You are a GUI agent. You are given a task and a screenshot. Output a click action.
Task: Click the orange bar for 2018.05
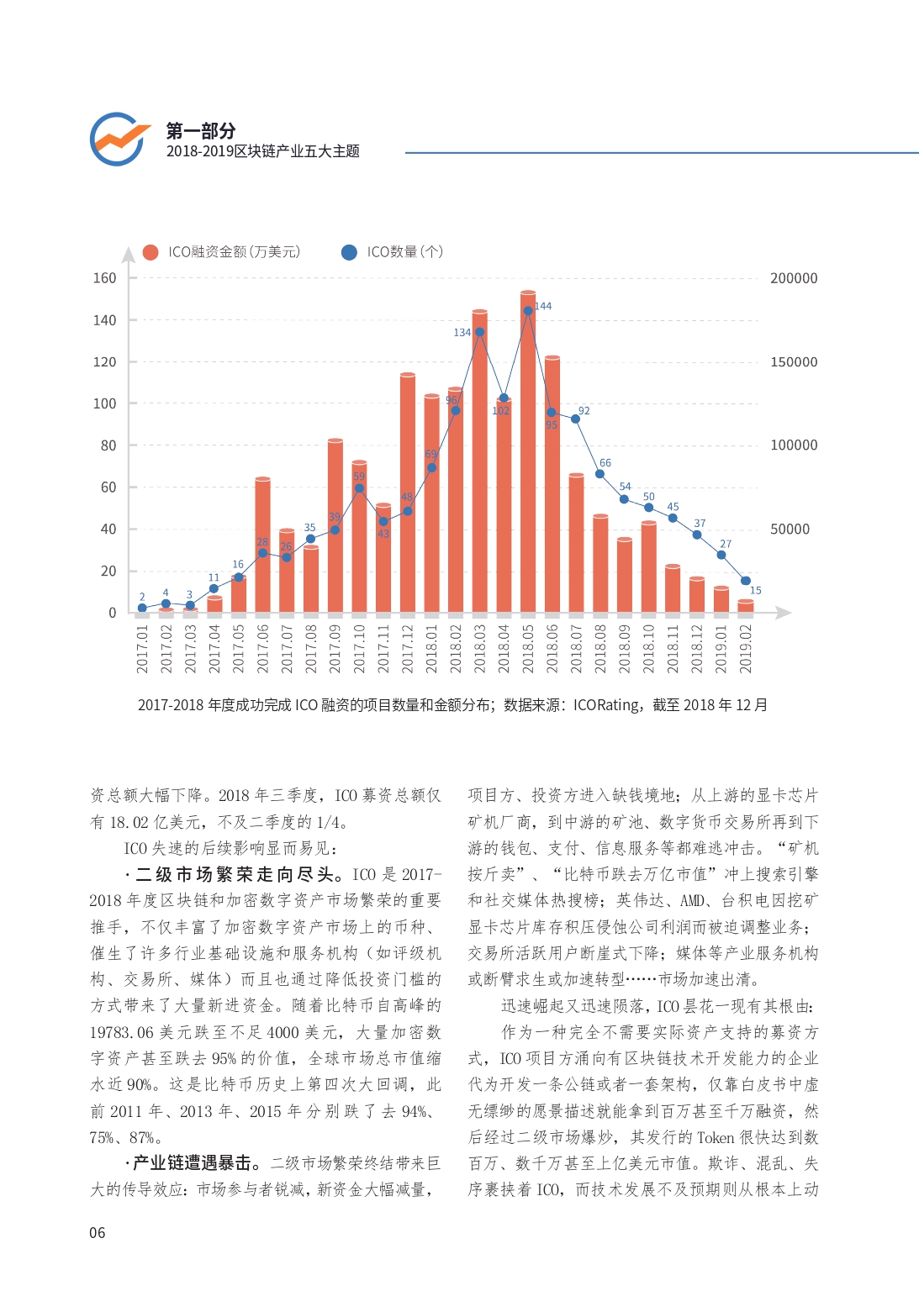click(x=527, y=452)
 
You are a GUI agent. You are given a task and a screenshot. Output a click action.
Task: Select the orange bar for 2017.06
click(x=263, y=545)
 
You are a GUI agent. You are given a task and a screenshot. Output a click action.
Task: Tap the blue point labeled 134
click(x=479, y=332)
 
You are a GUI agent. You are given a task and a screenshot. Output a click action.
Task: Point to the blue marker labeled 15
click(x=746, y=581)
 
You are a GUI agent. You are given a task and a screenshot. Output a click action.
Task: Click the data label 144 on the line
click(x=543, y=306)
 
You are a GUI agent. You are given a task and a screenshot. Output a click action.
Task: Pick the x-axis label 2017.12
click(x=408, y=648)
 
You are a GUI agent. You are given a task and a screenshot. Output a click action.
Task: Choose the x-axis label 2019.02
click(x=746, y=648)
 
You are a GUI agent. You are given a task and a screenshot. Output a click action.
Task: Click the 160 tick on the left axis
click(x=105, y=278)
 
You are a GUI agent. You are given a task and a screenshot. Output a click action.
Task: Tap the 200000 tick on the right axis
click(x=794, y=278)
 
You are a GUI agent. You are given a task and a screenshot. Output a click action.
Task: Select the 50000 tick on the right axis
click(x=790, y=529)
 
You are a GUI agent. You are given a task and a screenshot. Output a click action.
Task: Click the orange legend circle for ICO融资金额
click(x=151, y=252)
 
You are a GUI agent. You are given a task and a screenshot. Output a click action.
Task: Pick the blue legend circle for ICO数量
click(x=349, y=252)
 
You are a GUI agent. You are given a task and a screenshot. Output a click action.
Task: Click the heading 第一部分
click(x=201, y=131)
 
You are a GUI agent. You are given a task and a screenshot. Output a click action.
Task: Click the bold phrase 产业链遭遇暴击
click(x=192, y=1163)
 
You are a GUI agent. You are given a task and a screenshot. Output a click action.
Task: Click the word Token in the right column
click(x=716, y=1137)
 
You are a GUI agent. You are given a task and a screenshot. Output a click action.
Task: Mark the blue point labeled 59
click(x=359, y=488)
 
